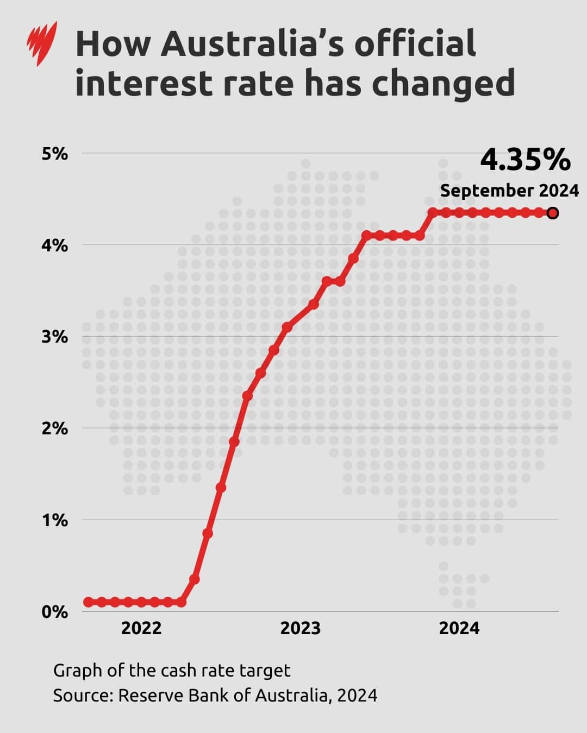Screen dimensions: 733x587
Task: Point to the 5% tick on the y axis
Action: [54, 154]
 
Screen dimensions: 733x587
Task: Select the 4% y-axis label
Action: [54, 245]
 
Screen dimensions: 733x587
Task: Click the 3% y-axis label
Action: [54, 337]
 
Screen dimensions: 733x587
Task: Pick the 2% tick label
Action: [54, 428]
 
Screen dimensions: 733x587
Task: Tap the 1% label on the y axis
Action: [54, 520]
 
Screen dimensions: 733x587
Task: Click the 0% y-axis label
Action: [54, 612]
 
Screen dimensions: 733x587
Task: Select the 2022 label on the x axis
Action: [141, 628]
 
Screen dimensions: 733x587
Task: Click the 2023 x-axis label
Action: [300, 628]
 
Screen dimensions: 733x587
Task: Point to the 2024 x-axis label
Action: [459, 628]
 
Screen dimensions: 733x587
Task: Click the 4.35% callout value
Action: [525, 160]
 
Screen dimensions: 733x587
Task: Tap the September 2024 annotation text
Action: [509, 191]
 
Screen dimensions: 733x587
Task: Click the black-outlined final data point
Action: [553, 213]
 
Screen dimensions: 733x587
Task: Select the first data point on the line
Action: [88, 602]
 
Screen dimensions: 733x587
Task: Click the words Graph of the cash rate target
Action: [172, 671]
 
